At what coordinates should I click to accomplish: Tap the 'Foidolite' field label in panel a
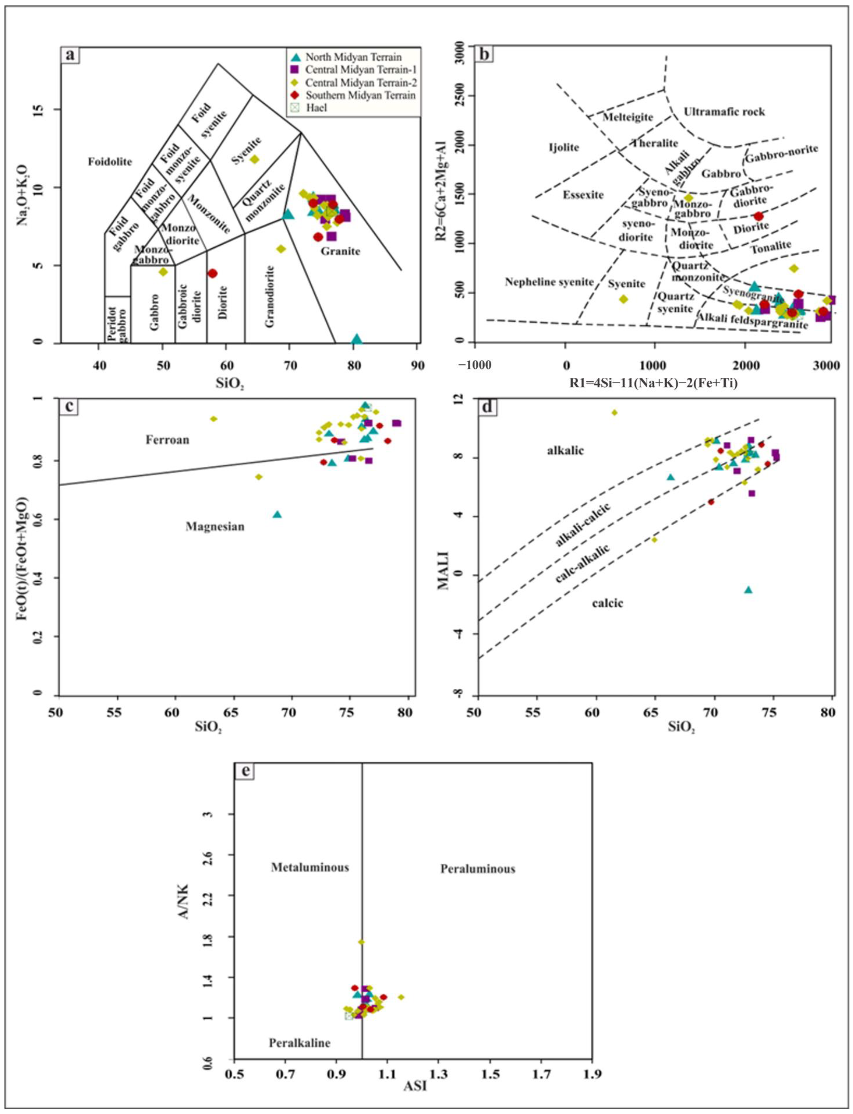click(x=110, y=163)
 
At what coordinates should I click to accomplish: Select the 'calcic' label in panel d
click(x=607, y=604)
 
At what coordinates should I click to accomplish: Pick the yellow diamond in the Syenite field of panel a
click(x=254, y=159)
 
